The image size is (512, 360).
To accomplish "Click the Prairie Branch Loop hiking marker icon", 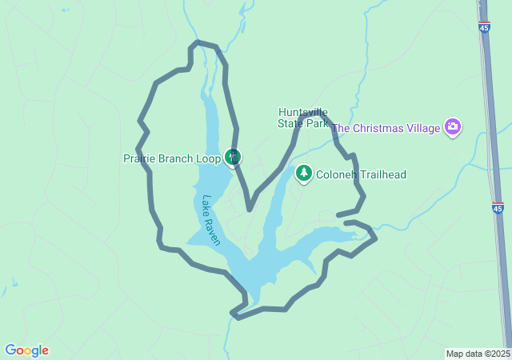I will tap(233, 157).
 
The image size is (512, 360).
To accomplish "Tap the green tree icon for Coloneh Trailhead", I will tap(304, 174).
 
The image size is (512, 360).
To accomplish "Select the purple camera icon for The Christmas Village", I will tap(453, 127).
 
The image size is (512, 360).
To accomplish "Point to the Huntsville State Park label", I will tap(303, 118).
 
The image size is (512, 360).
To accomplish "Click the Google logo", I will tap(26, 350).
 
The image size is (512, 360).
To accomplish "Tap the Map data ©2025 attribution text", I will tap(477, 354).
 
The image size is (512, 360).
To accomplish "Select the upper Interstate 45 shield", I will tap(485, 27).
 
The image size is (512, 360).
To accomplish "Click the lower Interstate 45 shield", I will tap(498, 208).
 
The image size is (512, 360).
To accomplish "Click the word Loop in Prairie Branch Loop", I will tap(208, 158).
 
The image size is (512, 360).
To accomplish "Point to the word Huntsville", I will tap(303, 112).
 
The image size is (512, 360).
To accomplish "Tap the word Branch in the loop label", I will tap(174, 158).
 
